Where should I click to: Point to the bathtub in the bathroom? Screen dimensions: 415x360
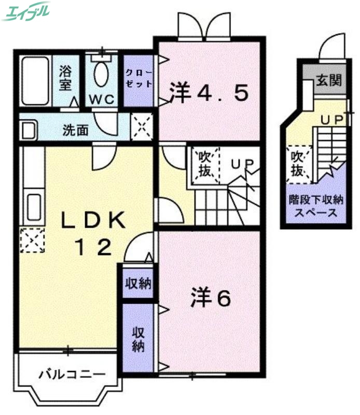pos(35,80)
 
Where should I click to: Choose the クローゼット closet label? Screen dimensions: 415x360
pos(139,79)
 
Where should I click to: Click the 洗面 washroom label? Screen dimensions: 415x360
pos(76,130)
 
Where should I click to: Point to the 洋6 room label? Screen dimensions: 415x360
pos(210,297)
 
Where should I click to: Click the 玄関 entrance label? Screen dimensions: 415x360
pos(329,80)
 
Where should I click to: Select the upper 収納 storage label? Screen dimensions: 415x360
pos(137,283)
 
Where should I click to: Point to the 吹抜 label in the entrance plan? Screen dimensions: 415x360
pos(298,163)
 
